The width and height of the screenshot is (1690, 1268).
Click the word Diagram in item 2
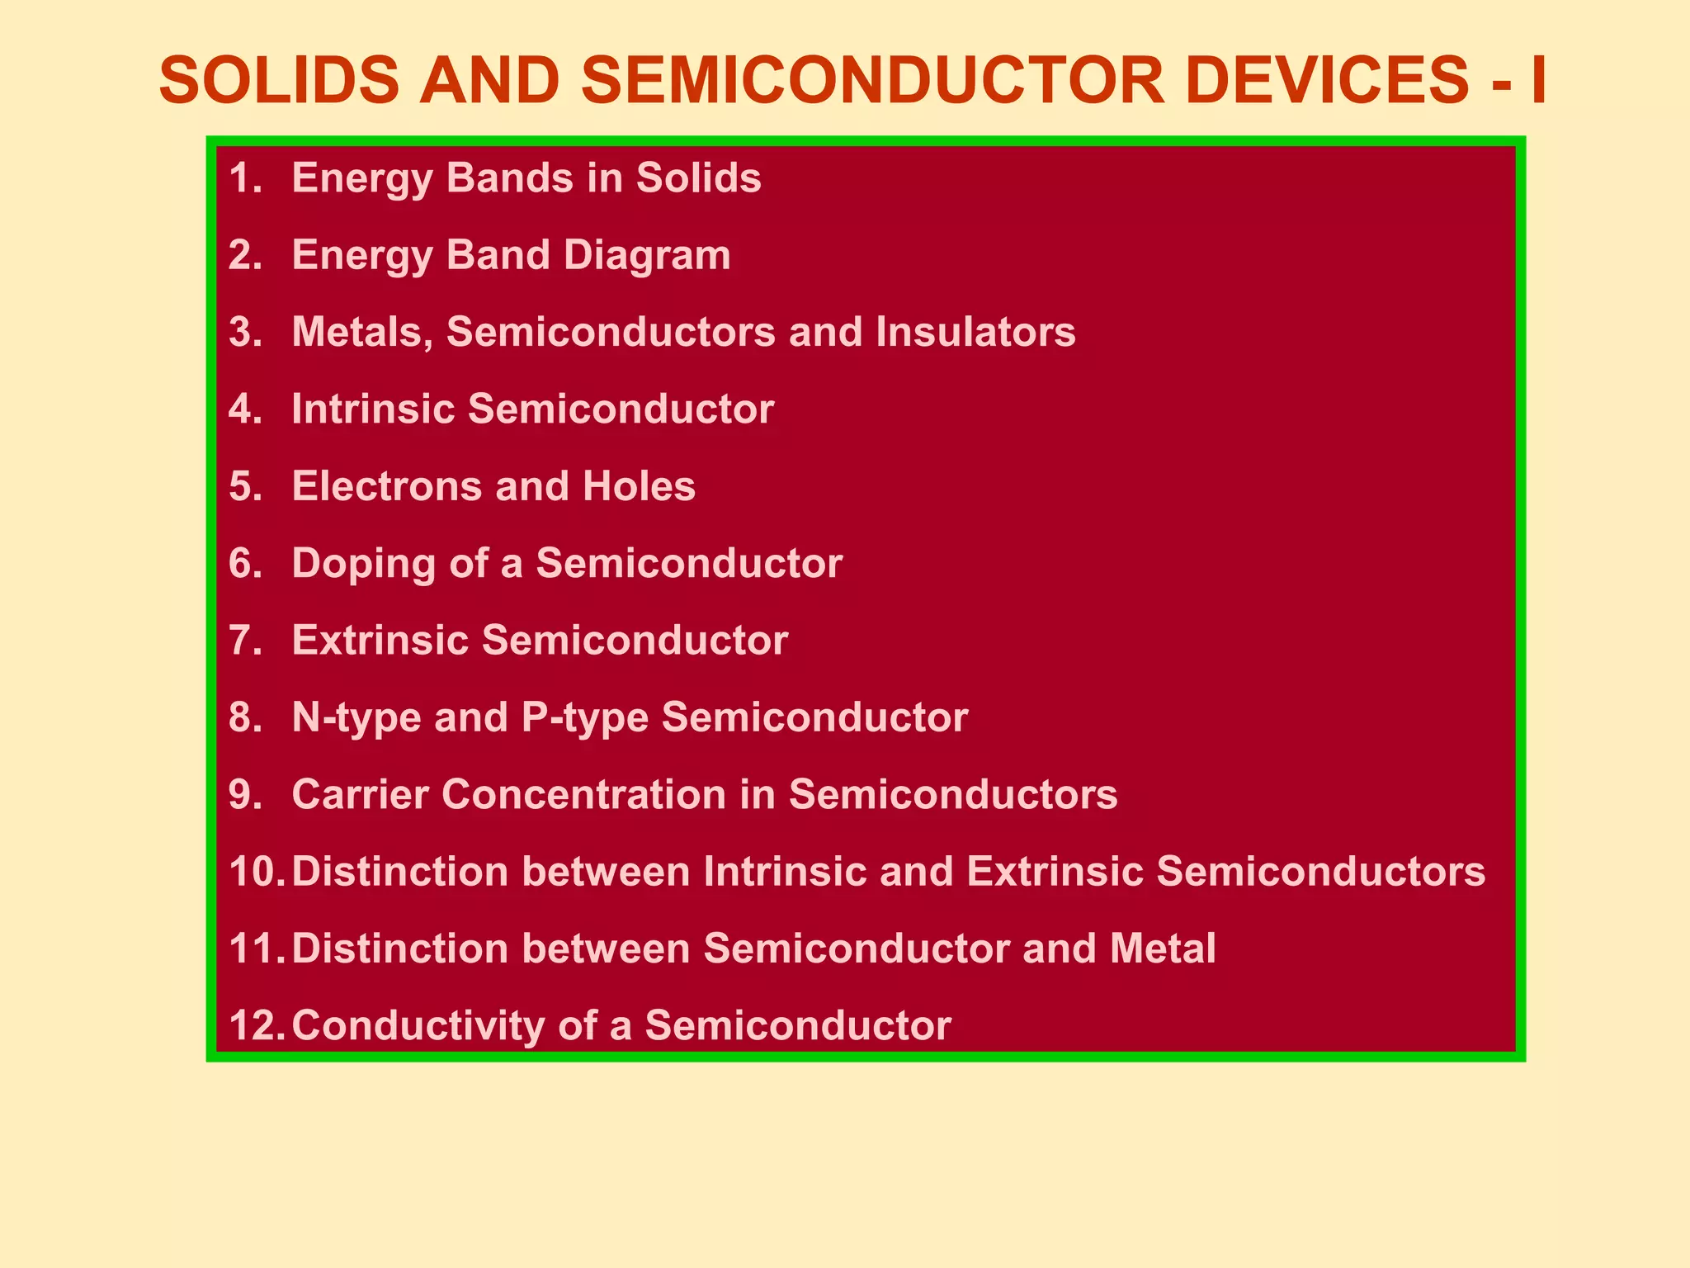point(647,255)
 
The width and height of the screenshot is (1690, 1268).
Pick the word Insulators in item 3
point(975,333)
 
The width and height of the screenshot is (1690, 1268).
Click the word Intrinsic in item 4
point(373,409)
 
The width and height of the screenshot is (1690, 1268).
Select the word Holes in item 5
point(639,486)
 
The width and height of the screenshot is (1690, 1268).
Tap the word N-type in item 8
point(356,717)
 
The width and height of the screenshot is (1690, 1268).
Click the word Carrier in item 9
point(360,794)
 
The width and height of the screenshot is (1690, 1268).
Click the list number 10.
point(256,872)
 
